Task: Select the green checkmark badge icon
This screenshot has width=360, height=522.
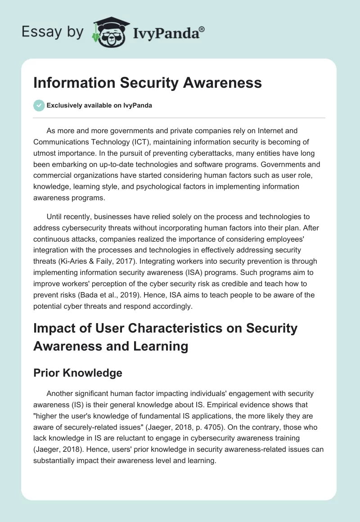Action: (38, 105)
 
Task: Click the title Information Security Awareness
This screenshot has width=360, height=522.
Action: (148, 83)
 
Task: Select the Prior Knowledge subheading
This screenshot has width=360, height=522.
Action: (77, 373)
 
